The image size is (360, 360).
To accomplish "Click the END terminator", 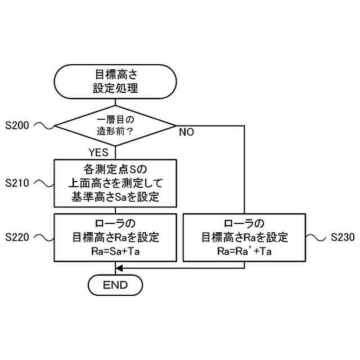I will click(115, 285).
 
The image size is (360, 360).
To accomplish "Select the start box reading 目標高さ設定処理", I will click(115, 81).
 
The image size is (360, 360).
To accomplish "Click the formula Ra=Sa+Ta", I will click(115, 251).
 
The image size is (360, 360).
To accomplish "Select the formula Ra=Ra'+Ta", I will click(245, 251).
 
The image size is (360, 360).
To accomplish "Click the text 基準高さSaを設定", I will click(115, 197).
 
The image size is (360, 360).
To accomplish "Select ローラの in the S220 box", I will click(115, 223).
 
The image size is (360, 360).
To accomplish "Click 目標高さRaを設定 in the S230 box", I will click(245, 237).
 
